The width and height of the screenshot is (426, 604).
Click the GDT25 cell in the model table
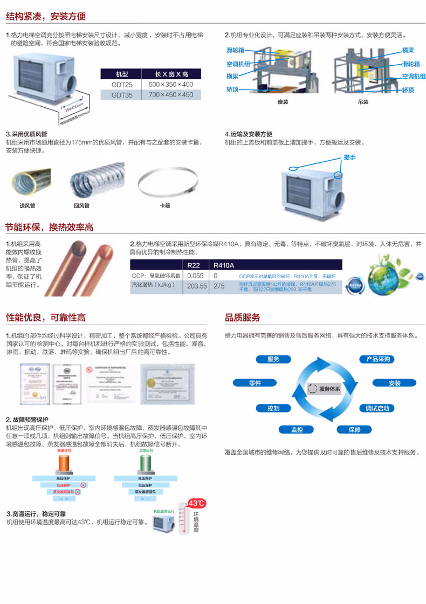(x=120, y=85)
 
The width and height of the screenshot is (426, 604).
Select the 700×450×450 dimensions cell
(x=170, y=95)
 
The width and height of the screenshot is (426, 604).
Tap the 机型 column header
(x=120, y=74)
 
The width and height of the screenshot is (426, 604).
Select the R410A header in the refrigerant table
(x=224, y=265)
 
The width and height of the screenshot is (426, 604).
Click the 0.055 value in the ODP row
(x=195, y=275)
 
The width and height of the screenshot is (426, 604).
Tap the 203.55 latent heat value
(x=197, y=286)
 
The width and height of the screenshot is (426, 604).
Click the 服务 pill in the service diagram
(x=273, y=359)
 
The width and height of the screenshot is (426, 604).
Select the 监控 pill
(x=297, y=430)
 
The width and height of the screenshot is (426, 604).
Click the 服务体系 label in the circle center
(x=326, y=388)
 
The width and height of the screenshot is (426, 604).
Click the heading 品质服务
(x=242, y=317)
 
